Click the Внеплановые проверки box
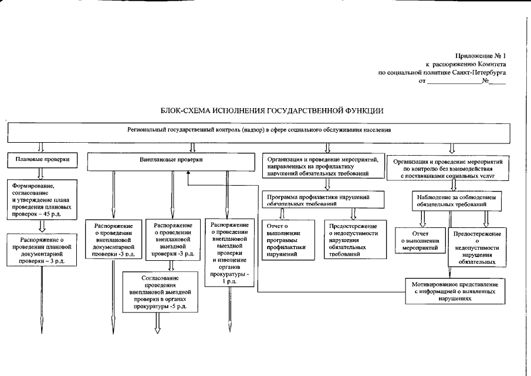point(171,160)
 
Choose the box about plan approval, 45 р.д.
point(40,199)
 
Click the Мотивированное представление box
point(455,291)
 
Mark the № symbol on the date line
point(485,81)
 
